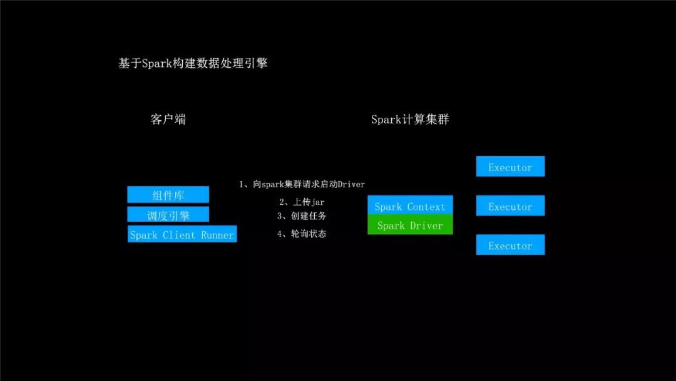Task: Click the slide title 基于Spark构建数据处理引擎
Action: pyautogui.click(x=193, y=63)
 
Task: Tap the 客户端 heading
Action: pyautogui.click(x=168, y=119)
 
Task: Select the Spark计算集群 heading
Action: pyautogui.click(x=410, y=119)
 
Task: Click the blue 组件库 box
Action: pyautogui.click(x=168, y=195)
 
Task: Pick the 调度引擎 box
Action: pyautogui.click(x=168, y=215)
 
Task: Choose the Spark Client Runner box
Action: pyautogui.click(x=182, y=234)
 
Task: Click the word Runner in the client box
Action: pyautogui.click(x=217, y=235)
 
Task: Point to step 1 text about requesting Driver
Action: pyautogui.click(x=302, y=184)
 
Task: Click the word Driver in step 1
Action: pyautogui.click(x=351, y=184)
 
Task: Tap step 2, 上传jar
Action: pyautogui.click(x=302, y=202)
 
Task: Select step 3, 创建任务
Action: pyautogui.click(x=302, y=216)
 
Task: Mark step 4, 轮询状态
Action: pyautogui.click(x=302, y=234)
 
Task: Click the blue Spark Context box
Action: pyautogui.click(x=410, y=206)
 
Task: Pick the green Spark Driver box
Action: pyautogui.click(x=410, y=225)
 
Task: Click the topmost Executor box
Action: pyautogui.click(x=510, y=167)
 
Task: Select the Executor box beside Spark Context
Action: pyautogui.click(x=510, y=206)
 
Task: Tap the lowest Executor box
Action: pyautogui.click(x=510, y=245)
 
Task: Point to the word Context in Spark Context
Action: pyautogui.click(x=426, y=206)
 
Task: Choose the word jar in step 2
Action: pyautogui.click(x=317, y=202)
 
